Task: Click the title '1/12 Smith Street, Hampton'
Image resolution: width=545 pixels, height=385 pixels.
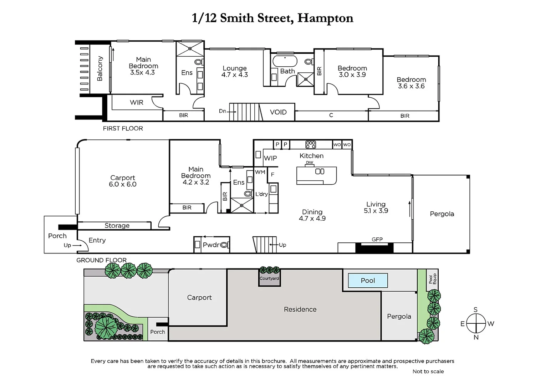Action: tap(272, 18)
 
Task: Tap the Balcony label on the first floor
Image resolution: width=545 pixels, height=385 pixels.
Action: tap(100, 68)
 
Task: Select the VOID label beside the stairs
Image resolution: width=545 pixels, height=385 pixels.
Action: tap(278, 112)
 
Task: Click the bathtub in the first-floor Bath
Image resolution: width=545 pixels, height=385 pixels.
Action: tap(284, 61)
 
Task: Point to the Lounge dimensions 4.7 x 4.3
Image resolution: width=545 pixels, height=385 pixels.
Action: tap(234, 75)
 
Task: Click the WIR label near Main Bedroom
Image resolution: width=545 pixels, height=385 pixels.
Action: tap(137, 103)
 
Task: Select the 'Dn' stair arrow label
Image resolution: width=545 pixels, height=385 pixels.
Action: tap(223, 111)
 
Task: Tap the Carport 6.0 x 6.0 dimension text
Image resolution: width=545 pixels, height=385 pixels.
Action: tap(123, 184)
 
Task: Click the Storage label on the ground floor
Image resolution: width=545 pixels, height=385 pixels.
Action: tap(117, 226)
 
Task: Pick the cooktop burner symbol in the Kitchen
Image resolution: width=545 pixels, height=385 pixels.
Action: tap(311, 144)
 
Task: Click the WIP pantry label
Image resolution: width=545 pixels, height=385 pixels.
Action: tap(270, 158)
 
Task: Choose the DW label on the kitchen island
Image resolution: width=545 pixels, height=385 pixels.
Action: tap(310, 163)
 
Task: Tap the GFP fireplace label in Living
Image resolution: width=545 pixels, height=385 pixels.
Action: tap(377, 240)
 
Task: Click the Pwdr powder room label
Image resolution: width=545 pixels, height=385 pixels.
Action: tap(211, 245)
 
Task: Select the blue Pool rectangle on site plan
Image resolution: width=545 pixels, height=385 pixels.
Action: tap(368, 281)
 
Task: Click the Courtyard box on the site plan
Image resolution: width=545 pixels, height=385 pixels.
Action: tap(269, 278)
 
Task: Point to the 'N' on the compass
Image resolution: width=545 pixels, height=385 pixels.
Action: tap(476, 337)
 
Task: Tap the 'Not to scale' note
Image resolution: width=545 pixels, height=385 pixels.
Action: tap(428, 371)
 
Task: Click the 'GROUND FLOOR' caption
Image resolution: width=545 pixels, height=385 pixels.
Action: tap(101, 260)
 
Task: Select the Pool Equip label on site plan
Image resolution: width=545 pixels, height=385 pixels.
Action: tap(432, 279)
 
